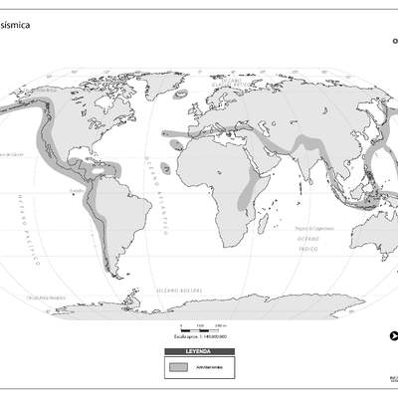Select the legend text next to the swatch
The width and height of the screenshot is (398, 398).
coord(210,367)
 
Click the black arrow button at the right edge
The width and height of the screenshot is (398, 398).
coord(395,334)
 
